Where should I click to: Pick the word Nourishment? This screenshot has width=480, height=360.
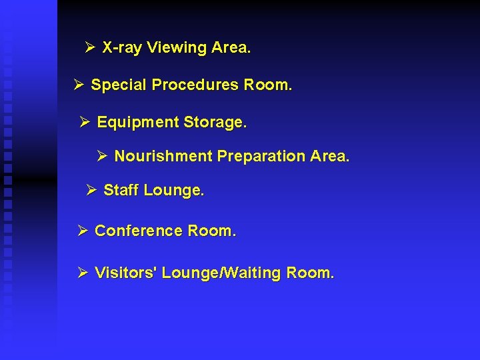tap(163, 156)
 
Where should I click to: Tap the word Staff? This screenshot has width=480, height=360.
tap(121, 190)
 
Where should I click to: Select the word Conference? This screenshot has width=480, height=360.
tap(139, 231)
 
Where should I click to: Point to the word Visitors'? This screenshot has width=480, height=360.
tap(126, 273)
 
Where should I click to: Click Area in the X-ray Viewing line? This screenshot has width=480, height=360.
tap(231, 48)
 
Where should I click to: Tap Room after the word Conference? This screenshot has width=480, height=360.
tap(212, 231)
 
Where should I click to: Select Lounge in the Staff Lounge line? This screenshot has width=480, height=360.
tap(173, 191)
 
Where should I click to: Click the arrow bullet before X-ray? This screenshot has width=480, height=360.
tap(91, 48)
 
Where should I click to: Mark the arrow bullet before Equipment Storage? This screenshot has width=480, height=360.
tap(85, 123)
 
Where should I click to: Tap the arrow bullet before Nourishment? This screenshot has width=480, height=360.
tap(102, 156)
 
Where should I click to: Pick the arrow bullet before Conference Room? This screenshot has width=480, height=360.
tap(83, 231)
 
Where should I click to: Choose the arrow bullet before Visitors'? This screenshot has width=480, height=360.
tap(83, 273)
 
